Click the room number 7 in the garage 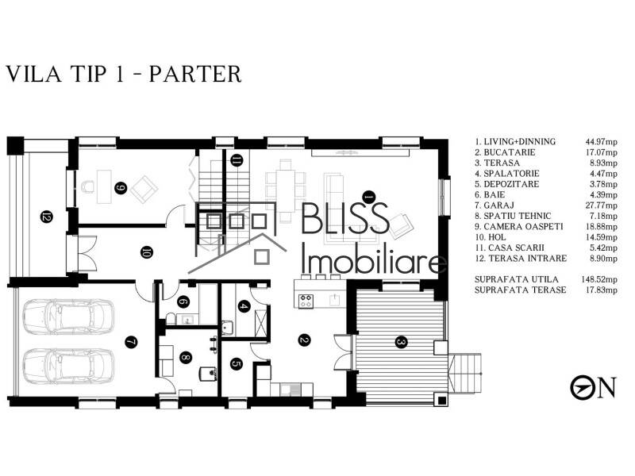[131, 342]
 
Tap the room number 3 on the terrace [401, 342]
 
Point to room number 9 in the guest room [121, 188]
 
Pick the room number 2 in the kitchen [303, 341]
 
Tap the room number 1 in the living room [368, 194]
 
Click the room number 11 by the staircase [237, 161]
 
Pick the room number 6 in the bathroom [182, 301]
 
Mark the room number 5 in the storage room [237, 364]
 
